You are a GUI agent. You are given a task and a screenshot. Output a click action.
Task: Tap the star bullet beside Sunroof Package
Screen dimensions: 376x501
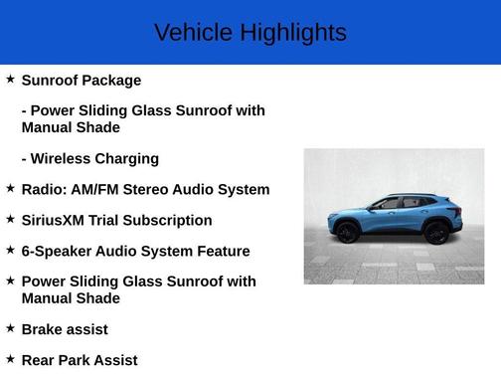click(x=10, y=79)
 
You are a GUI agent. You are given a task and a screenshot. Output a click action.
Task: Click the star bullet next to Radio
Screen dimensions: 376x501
click(x=10, y=187)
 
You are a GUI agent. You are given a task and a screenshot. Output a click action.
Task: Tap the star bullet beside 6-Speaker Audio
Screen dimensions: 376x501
click(x=10, y=249)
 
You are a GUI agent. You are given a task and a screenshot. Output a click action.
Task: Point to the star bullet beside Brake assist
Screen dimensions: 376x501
click(x=10, y=327)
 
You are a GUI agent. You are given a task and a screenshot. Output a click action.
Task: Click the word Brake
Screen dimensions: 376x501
click(x=43, y=329)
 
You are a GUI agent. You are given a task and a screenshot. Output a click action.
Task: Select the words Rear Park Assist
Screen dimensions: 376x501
click(x=80, y=360)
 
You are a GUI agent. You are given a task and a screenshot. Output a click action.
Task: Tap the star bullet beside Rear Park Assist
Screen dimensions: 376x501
click(x=10, y=358)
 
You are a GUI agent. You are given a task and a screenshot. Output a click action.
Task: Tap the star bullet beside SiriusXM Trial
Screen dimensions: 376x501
click(x=10, y=218)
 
